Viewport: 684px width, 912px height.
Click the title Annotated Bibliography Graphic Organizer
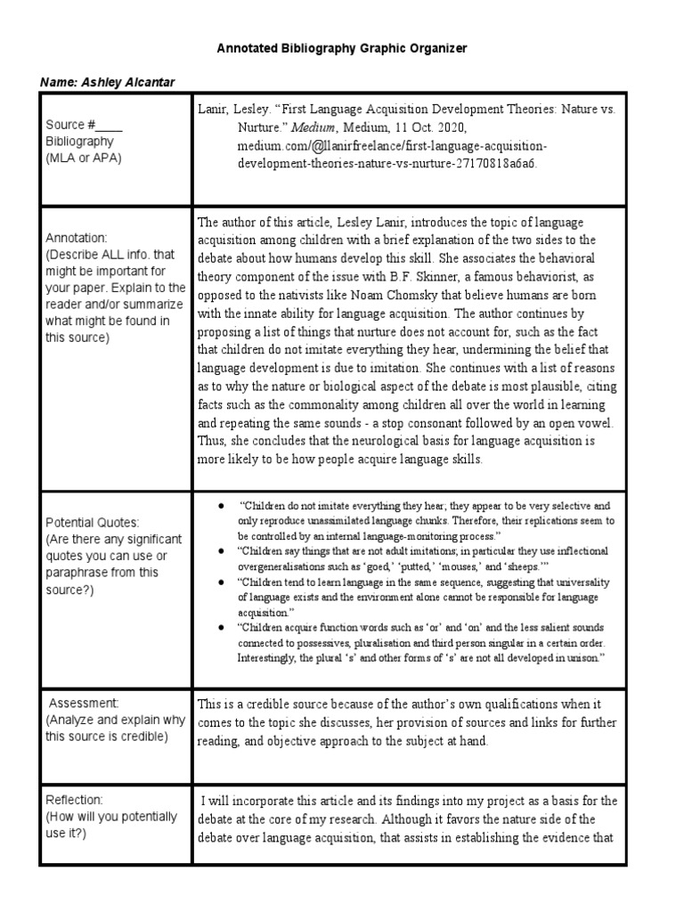pos(342,48)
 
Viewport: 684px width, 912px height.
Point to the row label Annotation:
pos(76,239)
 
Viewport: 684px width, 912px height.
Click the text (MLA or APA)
pos(85,158)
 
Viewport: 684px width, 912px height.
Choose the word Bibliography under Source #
pos(80,142)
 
